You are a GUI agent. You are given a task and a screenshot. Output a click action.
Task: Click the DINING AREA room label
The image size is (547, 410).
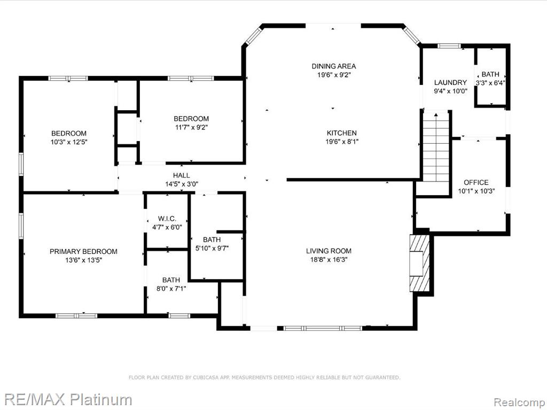(x=334, y=66)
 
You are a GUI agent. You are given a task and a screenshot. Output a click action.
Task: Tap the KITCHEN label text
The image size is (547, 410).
(x=341, y=133)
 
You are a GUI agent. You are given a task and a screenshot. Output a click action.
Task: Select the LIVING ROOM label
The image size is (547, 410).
(x=329, y=251)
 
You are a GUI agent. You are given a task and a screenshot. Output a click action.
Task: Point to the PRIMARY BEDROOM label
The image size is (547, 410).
(x=83, y=251)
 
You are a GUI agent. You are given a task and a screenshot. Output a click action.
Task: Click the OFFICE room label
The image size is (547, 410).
(x=476, y=182)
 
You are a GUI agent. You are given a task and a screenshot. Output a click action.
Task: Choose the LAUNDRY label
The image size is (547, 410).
(x=450, y=82)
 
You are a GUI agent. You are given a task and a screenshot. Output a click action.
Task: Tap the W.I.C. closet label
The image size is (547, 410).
(x=167, y=219)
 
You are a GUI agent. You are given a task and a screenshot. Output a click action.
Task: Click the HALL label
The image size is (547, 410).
(x=182, y=175)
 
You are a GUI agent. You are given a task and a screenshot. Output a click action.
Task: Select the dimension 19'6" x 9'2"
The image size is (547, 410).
(x=334, y=75)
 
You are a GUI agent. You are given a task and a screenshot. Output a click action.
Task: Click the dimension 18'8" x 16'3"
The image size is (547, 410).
(x=329, y=259)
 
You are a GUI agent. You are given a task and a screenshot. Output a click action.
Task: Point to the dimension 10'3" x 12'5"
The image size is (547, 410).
(x=69, y=142)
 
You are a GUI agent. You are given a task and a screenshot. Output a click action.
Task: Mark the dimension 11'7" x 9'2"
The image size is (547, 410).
(x=192, y=127)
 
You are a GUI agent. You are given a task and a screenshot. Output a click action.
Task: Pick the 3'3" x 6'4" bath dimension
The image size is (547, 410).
(x=490, y=83)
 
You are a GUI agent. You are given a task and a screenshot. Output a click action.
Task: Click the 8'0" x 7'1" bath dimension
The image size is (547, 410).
(x=171, y=289)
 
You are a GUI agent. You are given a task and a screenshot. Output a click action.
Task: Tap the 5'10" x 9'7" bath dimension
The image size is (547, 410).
(x=212, y=249)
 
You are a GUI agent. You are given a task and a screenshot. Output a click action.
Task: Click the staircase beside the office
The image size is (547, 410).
(x=436, y=146)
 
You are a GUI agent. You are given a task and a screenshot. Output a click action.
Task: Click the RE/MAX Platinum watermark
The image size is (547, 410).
(x=68, y=399)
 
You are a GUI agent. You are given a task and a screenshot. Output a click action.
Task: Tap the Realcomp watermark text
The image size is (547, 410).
(x=519, y=402)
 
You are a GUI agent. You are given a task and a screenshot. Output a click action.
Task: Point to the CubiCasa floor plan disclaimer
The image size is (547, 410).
(x=264, y=377)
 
